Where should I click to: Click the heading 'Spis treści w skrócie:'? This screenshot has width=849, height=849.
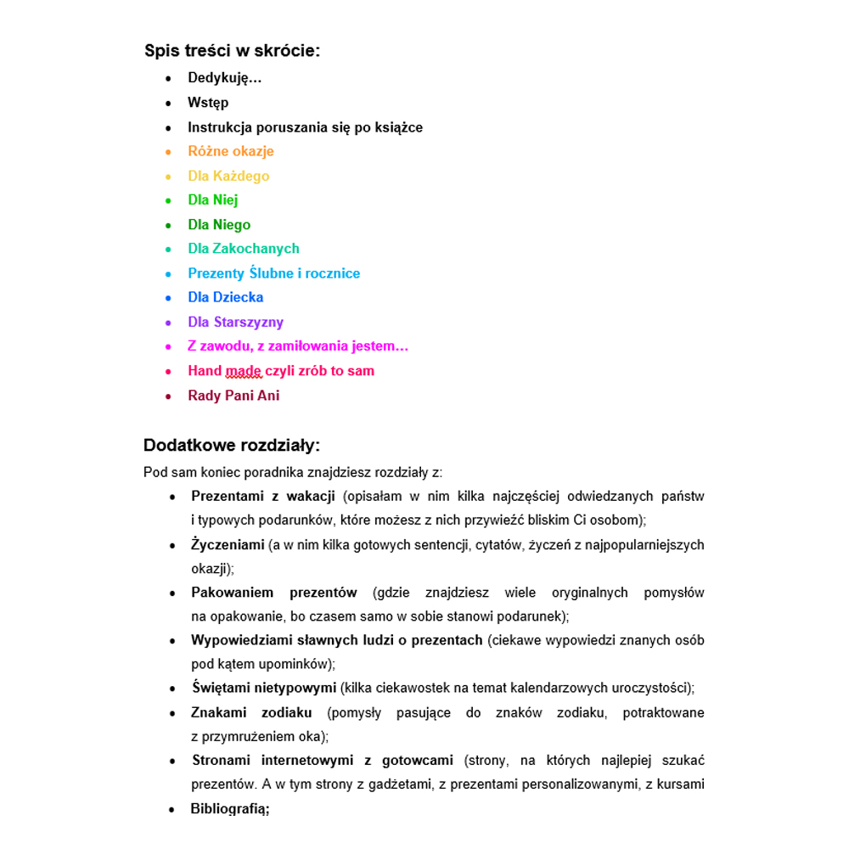click(x=233, y=51)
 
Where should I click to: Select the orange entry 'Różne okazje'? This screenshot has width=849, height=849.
click(x=231, y=151)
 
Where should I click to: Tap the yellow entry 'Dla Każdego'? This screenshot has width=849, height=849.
click(x=228, y=176)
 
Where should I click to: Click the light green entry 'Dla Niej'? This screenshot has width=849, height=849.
click(x=212, y=200)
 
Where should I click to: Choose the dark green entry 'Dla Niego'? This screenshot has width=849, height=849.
click(x=219, y=225)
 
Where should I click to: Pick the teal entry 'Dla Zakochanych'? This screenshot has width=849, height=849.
click(x=244, y=249)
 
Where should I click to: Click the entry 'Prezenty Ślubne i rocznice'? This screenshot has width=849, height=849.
click(x=273, y=273)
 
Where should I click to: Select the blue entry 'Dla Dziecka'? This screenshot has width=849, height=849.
click(x=225, y=297)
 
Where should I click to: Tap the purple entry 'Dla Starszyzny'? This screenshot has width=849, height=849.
click(x=235, y=322)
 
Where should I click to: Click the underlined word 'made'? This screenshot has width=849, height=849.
click(x=244, y=371)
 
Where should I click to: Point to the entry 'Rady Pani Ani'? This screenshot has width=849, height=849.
click(x=233, y=396)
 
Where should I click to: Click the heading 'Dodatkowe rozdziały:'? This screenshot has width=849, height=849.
click(x=232, y=446)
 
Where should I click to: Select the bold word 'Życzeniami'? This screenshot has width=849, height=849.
click(x=228, y=545)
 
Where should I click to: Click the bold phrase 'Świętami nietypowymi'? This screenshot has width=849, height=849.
click(x=264, y=688)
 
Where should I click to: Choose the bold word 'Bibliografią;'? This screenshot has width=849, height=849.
click(x=230, y=809)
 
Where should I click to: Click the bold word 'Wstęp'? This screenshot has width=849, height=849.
click(x=208, y=103)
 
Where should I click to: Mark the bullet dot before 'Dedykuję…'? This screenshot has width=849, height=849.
click(x=168, y=79)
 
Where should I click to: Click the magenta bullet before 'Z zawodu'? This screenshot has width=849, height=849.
click(x=168, y=346)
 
